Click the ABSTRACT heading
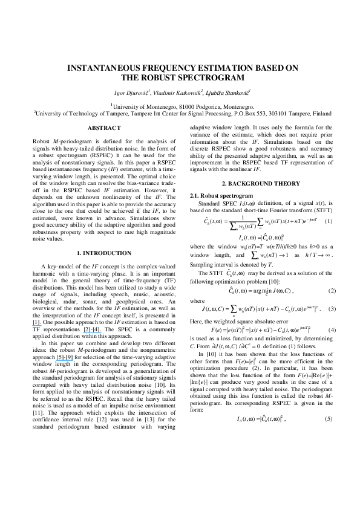point(104,128)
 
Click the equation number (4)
point(331,329)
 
